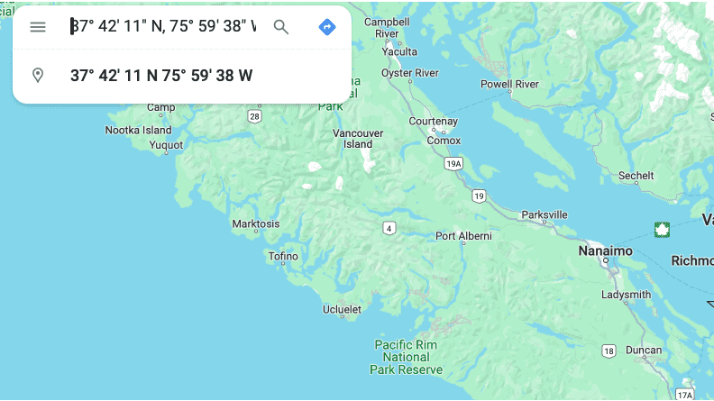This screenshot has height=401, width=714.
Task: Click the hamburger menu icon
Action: [x=38, y=27]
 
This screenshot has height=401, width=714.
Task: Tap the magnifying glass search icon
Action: [x=281, y=27]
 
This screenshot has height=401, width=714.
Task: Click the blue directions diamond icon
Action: [x=327, y=27]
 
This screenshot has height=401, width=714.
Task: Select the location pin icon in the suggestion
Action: [x=38, y=75]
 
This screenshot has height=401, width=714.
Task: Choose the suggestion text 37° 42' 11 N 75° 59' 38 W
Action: [x=161, y=75]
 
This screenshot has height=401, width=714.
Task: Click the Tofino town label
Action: [x=283, y=256]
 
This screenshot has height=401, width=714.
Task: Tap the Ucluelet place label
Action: [x=342, y=310]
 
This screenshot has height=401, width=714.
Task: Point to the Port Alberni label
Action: [x=463, y=236]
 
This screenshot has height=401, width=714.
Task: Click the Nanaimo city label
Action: [x=605, y=251]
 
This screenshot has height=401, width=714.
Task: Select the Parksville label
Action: [x=545, y=214]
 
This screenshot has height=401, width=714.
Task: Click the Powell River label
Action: [x=509, y=84]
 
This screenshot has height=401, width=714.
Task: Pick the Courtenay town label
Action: [x=433, y=121]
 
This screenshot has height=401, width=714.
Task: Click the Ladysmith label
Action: [x=626, y=295]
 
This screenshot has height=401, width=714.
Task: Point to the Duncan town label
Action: [x=644, y=350]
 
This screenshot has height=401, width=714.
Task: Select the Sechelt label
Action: [x=636, y=176]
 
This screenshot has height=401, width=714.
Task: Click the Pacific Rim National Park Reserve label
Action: [x=406, y=357]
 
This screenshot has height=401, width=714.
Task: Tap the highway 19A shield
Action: [x=454, y=163]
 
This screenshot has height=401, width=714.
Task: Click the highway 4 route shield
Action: [x=389, y=228]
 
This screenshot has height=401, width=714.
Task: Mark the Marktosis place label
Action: [x=256, y=223]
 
